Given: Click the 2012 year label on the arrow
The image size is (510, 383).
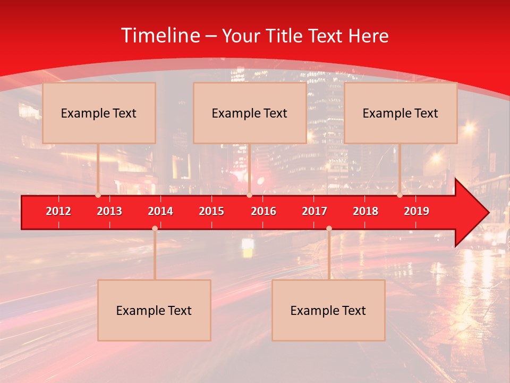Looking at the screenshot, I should click(x=58, y=211).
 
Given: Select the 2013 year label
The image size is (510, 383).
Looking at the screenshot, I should click(x=109, y=211).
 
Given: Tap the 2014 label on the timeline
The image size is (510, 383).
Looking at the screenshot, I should click(x=160, y=211).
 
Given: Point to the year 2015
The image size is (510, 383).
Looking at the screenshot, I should click(x=211, y=211).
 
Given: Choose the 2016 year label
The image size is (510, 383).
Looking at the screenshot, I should click(x=263, y=211).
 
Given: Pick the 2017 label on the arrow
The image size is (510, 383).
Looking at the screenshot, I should click(x=314, y=211).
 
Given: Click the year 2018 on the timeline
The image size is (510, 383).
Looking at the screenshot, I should click(x=365, y=211).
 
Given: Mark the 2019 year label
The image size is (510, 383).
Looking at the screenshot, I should click(x=416, y=211).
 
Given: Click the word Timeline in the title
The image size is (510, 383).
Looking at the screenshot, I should click(x=160, y=36).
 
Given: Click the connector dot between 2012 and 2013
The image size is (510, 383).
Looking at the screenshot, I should click(x=98, y=195).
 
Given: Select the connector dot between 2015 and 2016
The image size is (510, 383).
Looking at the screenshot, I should click(x=249, y=195).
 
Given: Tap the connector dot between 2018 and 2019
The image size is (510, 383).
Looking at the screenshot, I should click(x=400, y=195).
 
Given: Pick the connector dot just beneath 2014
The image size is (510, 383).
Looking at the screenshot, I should click(x=155, y=229).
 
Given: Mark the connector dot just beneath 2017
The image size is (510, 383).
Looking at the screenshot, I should click(x=329, y=229).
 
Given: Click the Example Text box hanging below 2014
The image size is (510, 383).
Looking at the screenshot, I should click(x=154, y=310).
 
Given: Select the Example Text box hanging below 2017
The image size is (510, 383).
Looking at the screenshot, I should click(x=328, y=310).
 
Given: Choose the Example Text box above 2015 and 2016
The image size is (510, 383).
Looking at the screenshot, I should click(x=249, y=113).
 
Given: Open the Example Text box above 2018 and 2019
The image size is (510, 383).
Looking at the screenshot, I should click(x=401, y=113).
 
